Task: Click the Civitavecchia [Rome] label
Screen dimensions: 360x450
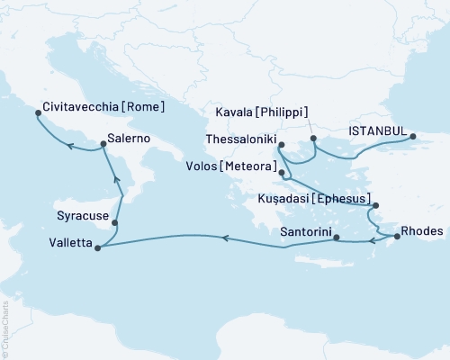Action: tap(103, 105)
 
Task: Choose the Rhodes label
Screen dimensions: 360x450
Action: tap(422, 230)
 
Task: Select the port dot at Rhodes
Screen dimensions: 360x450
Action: tap(397, 237)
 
